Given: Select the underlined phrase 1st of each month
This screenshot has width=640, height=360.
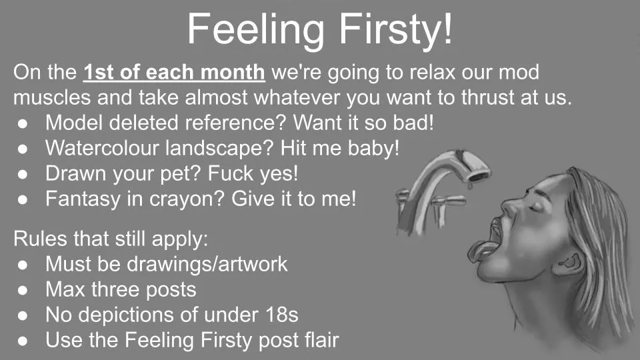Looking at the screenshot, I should coord(175,72).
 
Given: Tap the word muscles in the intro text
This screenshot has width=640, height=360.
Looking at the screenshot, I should coord(50,97).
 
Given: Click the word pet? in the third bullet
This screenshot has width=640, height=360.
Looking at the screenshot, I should coord(179,173).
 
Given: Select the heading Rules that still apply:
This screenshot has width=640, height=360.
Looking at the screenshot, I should coord(111,239).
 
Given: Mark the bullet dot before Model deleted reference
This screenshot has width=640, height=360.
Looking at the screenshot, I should coord(22,123).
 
